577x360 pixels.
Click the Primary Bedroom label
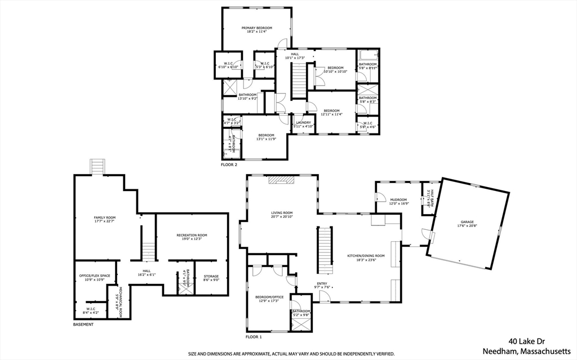coord(257,28)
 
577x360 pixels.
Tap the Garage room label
coord(465,222)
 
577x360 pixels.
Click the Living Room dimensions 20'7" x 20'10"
coord(282,217)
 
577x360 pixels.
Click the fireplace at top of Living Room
coord(281,180)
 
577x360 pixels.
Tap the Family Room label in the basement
coord(104,217)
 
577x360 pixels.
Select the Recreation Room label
coord(192,234)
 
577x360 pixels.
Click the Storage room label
coord(211,276)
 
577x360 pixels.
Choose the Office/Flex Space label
coord(95,275)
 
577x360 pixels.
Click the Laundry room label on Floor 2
coord(303,122)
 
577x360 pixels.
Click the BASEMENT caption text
coord(83,325)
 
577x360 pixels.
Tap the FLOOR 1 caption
coord(254,337)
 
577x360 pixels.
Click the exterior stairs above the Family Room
coord(98,167)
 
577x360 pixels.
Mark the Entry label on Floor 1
coord(321,283)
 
